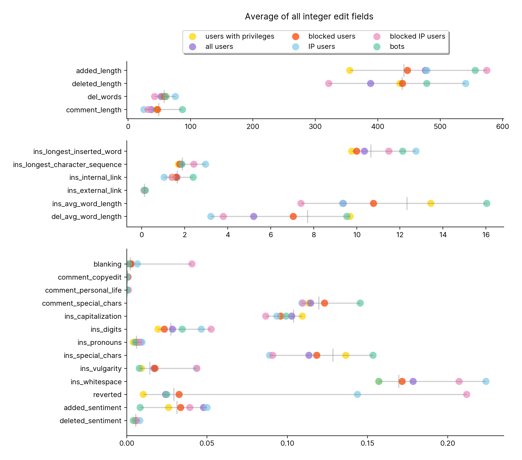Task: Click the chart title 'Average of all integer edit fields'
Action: point(309,16)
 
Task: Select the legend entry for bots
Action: point(397,47)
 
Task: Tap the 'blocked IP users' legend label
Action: point(417,36)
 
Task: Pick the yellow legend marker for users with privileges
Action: point(192,37)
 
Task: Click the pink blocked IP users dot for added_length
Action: point(487,70)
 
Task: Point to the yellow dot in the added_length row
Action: point(350,70)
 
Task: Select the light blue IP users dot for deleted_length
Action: point(466,83)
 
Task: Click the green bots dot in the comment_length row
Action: point(182,109)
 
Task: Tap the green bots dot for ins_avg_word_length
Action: point(487,203)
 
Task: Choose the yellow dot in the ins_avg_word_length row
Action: point(431,203)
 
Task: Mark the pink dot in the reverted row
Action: point(467,395)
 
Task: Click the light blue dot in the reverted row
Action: point(357,395)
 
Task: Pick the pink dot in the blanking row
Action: point(192,264)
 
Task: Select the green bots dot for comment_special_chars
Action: point(360,303)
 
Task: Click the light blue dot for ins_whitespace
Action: point(486,381)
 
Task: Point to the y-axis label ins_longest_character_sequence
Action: point(67,165)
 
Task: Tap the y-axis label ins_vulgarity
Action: point(101,368)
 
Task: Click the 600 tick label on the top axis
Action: point(503,126)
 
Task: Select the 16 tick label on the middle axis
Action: point(486,235)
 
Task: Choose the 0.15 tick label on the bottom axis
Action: point(368,443)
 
